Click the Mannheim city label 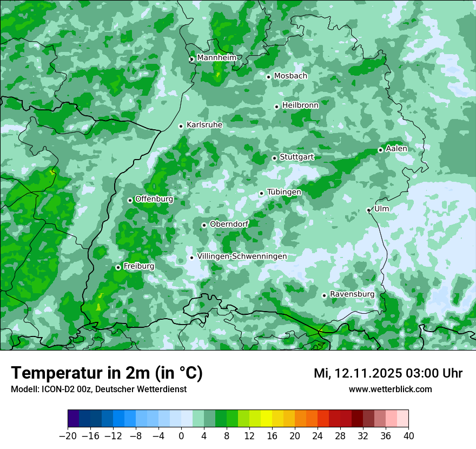point(216,57)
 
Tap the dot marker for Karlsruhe point(181,126)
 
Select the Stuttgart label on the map point(296,157)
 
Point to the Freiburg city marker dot point(118,267)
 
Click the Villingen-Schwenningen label point(242,256)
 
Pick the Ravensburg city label point(352,294)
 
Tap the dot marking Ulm point(368,210)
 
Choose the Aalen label point(396,148)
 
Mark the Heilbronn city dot point(276,107)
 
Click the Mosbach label point(290,76)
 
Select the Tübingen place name point(284,192)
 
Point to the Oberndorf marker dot point(204,225)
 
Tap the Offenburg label point(154,199)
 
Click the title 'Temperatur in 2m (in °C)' point(107,373)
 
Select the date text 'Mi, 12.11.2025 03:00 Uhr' point(388,373)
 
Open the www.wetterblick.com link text point(390,389)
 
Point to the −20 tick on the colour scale point(68,436)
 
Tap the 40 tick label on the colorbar point(408,436)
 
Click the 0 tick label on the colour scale point(181,436)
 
